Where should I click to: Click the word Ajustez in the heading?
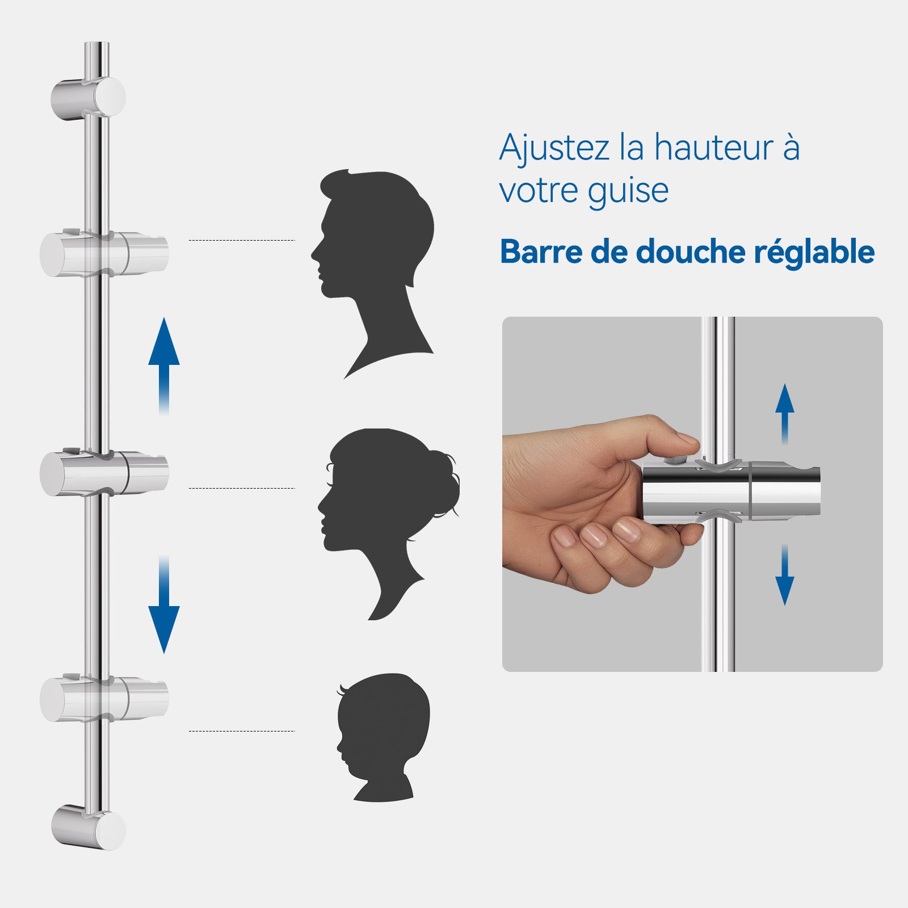(554, 149)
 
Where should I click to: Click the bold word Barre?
(540, 251)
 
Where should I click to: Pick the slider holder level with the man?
(104, 253)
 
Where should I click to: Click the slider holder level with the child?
(104, 698)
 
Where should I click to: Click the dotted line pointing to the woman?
(242, 488)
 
